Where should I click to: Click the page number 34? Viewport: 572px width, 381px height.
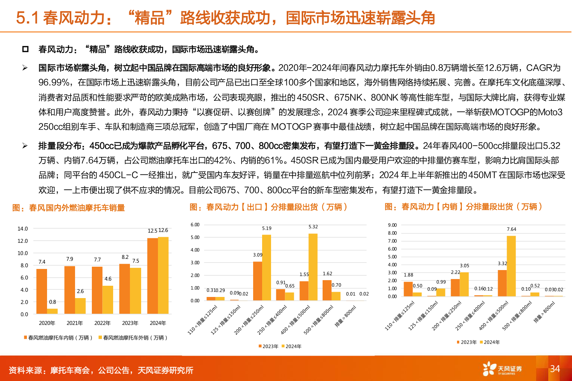(555, 369)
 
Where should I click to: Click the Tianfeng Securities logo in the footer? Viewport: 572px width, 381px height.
(502, 369)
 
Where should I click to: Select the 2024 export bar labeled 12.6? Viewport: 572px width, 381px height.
(163, 275)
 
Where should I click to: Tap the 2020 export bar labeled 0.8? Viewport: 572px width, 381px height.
(52, 311)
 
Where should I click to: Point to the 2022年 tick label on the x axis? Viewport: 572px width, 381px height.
(102, 323)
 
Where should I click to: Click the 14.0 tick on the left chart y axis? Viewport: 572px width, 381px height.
(23, 229)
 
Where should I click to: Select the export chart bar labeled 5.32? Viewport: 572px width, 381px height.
(313, 267)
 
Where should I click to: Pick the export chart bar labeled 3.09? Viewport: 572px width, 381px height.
(257, 281)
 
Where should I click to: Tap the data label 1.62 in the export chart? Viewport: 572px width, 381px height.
(327, 273)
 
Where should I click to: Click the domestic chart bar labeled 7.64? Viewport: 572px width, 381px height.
(511, 266)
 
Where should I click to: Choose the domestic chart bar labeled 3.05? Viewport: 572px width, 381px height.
(464, 284)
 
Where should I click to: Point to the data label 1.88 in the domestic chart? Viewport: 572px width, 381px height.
(408, 275)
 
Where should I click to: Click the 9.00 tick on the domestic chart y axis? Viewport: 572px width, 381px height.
(392, 225)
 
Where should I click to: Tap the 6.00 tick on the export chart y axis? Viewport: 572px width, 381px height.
(195, 224)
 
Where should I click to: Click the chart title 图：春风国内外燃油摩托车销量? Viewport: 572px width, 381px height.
(69, 208)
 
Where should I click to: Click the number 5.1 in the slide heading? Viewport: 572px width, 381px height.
(27, 18)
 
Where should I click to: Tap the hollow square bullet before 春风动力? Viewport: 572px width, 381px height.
(25, 49)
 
